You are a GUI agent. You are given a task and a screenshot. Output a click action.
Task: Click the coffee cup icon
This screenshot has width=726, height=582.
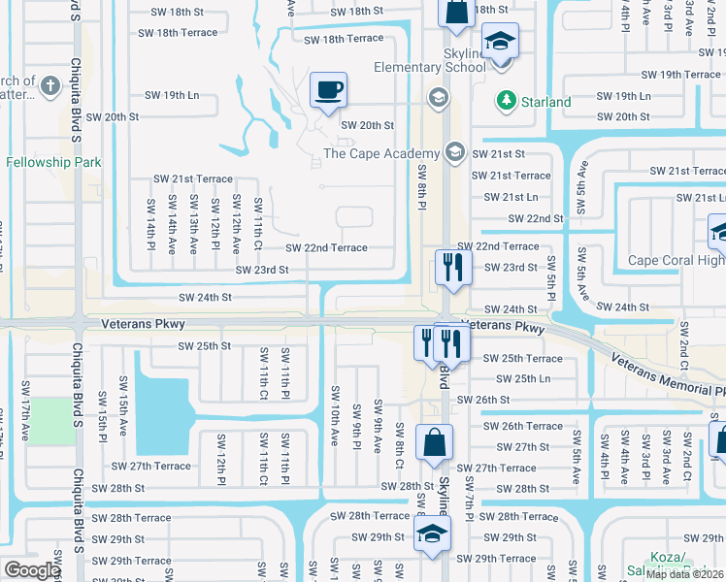[328, 90]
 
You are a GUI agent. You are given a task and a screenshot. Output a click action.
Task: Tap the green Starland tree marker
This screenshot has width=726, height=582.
[506, 101]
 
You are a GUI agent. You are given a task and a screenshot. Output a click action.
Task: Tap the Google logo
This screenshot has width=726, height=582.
[32, 570]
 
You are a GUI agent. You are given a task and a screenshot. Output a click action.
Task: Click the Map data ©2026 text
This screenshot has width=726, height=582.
[683, 574]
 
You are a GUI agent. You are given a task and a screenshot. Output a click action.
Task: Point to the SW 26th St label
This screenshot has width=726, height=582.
[511, 400]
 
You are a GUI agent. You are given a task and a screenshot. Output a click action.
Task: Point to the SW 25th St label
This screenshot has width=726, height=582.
[204, 345]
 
